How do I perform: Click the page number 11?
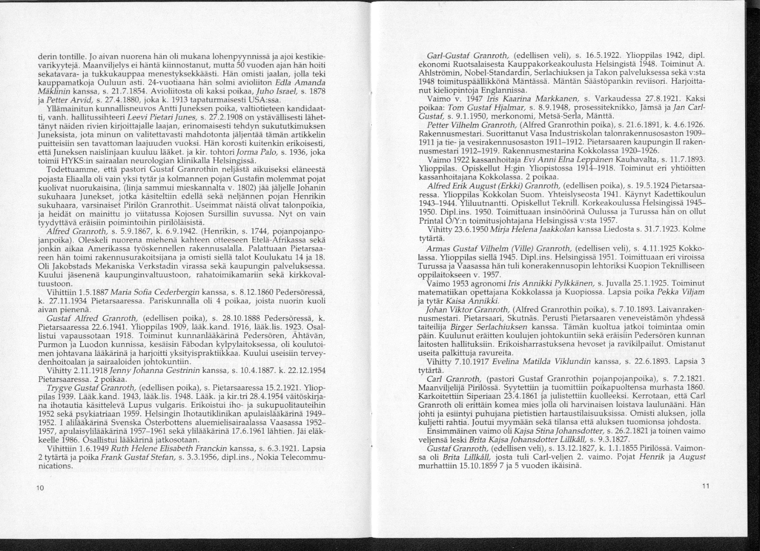(x=705, y=486)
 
